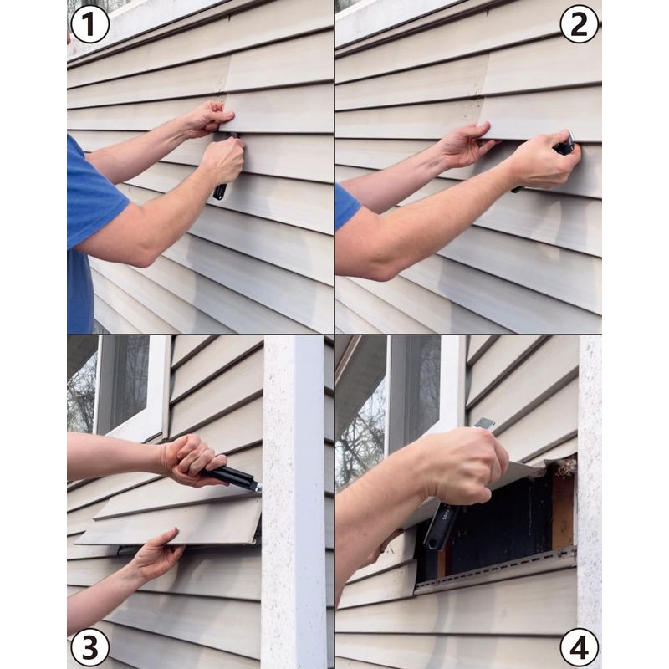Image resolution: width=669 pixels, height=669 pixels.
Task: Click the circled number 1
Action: (89, 24)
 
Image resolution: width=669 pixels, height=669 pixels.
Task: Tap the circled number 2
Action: (579, 24)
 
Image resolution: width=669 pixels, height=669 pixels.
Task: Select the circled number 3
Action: (89, 647)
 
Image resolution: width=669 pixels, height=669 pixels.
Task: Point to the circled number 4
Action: (579, 647)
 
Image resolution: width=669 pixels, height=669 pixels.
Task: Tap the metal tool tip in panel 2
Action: (570, 138)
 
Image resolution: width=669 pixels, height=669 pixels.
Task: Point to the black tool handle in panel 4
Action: (440, 526)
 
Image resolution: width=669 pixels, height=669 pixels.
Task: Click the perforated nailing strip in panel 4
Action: (495, 569)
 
